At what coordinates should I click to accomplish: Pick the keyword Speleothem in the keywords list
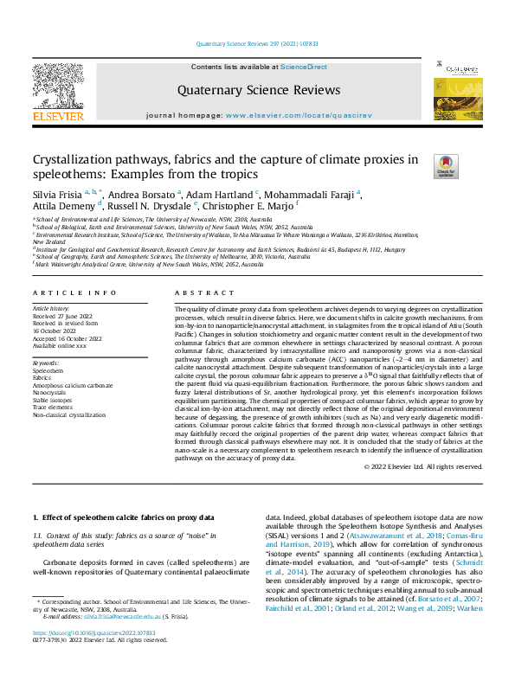click(x=48, y=369)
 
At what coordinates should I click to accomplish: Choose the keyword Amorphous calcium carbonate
click(x=73, y=384)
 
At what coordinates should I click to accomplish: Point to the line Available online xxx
click(x=60, y=345)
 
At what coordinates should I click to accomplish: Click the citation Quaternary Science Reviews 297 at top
click(x=257, y=42)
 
